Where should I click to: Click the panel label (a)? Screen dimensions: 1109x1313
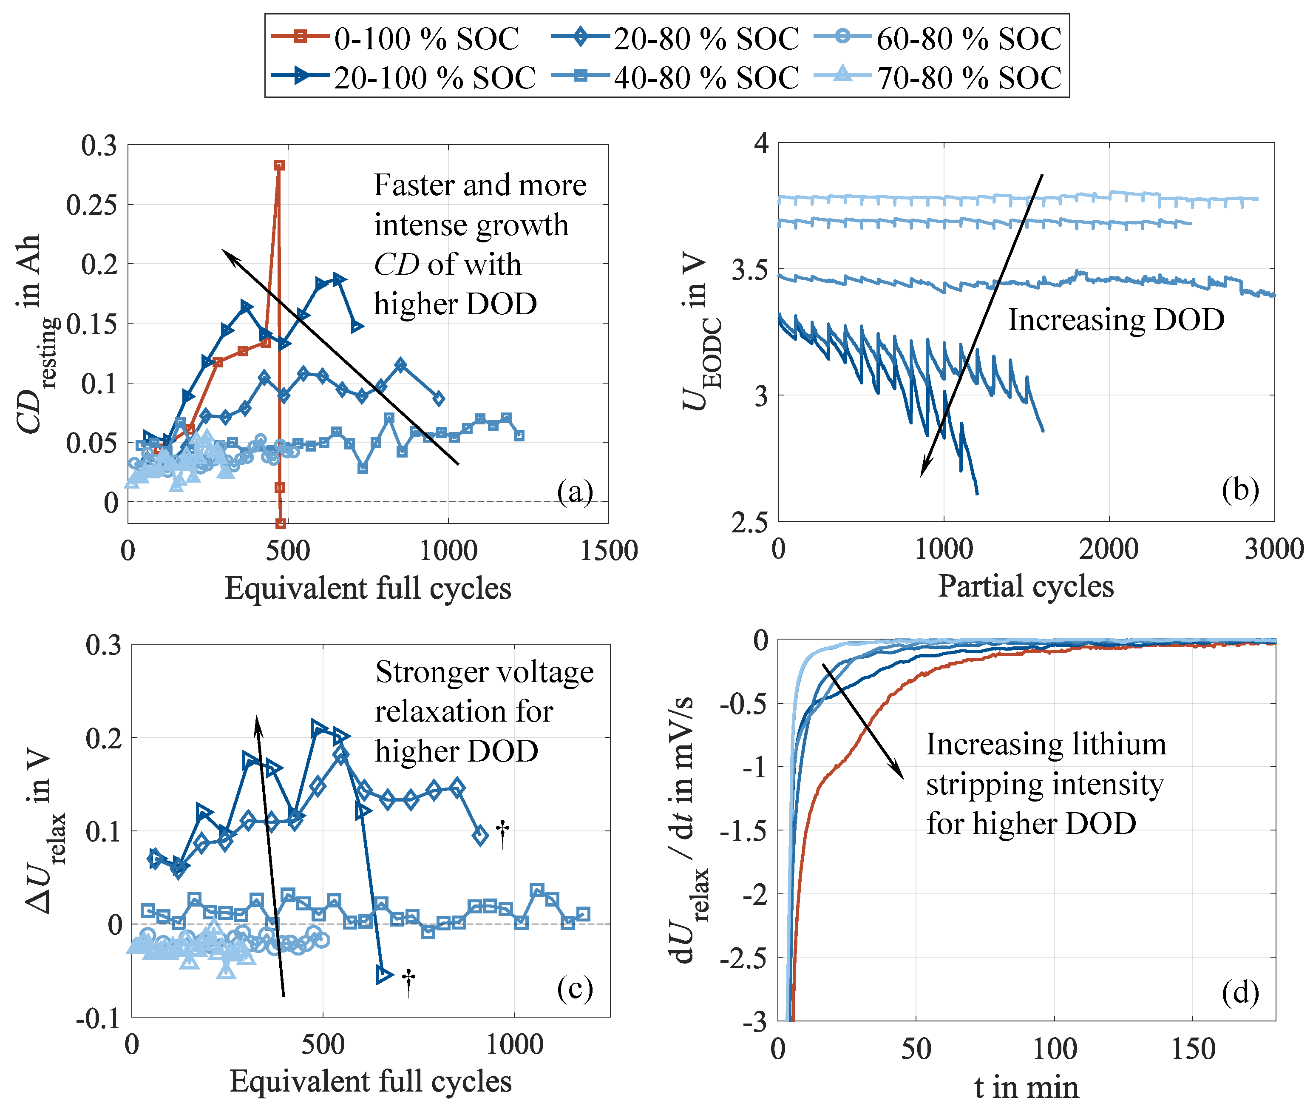click(575, 491)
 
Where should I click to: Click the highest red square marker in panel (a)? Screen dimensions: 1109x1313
click(279, 165)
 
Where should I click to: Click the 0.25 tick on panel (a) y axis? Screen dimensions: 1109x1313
click(92, 204)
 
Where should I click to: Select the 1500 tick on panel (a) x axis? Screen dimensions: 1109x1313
click(608, 551)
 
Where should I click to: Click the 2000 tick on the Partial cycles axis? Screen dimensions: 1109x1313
click(1108, 549)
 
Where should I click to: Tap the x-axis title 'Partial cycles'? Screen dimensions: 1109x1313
click(1026, 586)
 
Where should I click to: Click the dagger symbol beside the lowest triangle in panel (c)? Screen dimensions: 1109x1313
click(408, 981)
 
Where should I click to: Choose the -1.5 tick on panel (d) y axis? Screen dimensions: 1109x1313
click(743, 830)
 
